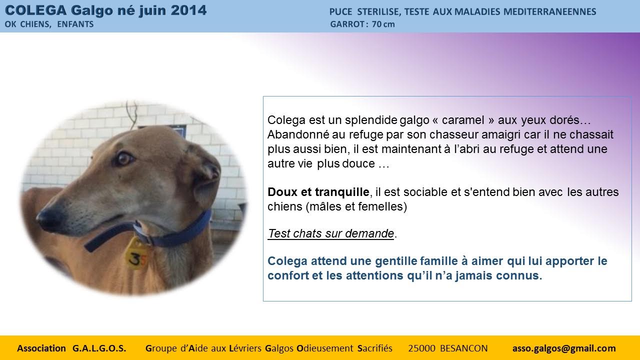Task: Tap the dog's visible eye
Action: click(x=124, y=159)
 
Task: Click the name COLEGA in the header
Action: click(x=35, y=10)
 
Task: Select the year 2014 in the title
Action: click(x=188, y=10)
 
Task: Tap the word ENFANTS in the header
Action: click(x=75, y=24)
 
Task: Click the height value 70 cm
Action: click(x=383, y=24)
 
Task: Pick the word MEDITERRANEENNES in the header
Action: click(x=549, y=11)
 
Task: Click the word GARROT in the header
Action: click(x=347, y=24)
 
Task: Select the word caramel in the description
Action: click(x=463, y=120)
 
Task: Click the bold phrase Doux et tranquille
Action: click(x=318, y=192)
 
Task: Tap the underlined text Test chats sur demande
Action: click(x=331, y=233)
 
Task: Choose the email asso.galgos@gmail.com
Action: click(x=564, y=348)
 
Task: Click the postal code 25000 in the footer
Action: click(x=421, y=348)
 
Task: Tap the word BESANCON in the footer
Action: click(x=463, y=348)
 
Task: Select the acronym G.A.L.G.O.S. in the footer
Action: click(x=99, y=348)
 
